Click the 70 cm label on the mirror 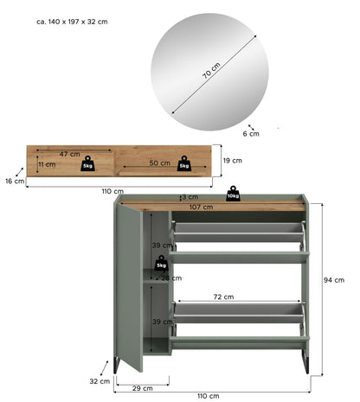click(211, 71)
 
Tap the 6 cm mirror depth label click(251, 134)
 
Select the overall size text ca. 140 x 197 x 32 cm click(72, 22)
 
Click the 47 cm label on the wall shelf click(70, 154)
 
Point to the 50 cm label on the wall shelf click(160, 163)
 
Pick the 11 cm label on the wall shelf click(47, 164)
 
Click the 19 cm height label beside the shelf click(233, 161)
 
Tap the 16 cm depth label click(15, 182)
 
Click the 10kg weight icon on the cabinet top click(233, 194)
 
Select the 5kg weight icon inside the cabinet click(161, 263)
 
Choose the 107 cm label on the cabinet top click(202, 207)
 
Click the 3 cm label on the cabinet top click(190, 197)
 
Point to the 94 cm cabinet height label click(334, 280)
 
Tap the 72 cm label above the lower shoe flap click(223, 297)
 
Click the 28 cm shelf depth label click(171, 278)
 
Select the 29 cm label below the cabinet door click(143, 388)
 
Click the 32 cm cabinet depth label click(100, 381)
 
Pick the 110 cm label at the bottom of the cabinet click(209, 396)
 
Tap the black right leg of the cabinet click(305, 362)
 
